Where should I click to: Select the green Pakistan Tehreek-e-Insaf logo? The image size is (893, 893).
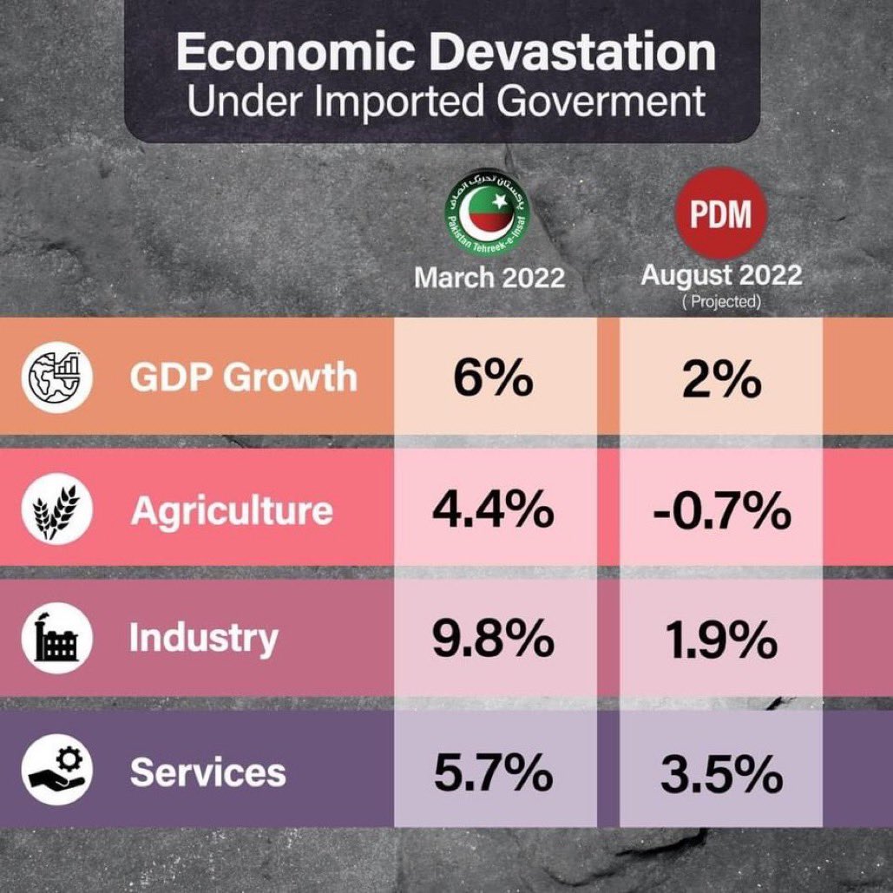[488, 217]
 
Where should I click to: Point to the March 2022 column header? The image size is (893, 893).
[489, 278]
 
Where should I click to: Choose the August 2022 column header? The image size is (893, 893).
[721, 276]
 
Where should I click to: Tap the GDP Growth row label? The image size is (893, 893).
[243, 378]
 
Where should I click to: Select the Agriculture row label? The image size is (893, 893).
[232, 510]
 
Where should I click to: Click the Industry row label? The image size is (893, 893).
[204, 639]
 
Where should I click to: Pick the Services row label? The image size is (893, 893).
[208, 772]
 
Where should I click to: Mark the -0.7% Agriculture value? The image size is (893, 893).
[722, 512]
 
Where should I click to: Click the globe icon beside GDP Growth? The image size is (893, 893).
[57, 378]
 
